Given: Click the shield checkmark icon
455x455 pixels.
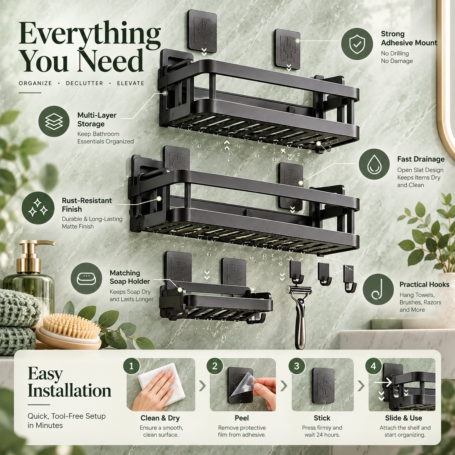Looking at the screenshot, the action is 357,44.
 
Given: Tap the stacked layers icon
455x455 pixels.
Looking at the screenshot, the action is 54,121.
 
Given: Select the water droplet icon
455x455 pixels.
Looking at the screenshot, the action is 374,164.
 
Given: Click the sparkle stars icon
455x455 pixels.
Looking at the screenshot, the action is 38,208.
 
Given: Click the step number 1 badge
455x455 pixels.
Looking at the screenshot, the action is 132,366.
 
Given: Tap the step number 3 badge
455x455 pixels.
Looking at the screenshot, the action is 297,366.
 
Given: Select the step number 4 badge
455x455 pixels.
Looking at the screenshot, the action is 373,366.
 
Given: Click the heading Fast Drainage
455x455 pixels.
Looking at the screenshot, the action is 421,159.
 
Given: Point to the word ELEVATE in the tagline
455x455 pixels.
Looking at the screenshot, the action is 130,83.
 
